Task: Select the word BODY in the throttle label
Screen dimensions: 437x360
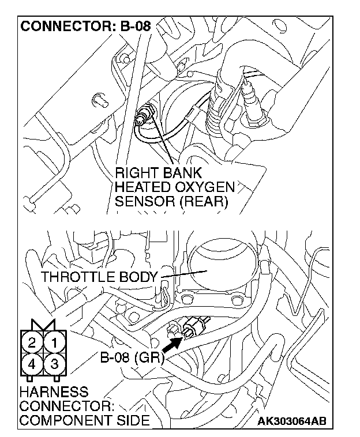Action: [x=137, y=277]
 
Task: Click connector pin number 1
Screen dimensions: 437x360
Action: [x=54, y=342]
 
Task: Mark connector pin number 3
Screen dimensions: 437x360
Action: [x=54, y=364]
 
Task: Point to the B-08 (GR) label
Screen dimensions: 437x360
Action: [x=132, y=358]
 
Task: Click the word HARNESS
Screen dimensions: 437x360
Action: [x=53, y=392]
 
